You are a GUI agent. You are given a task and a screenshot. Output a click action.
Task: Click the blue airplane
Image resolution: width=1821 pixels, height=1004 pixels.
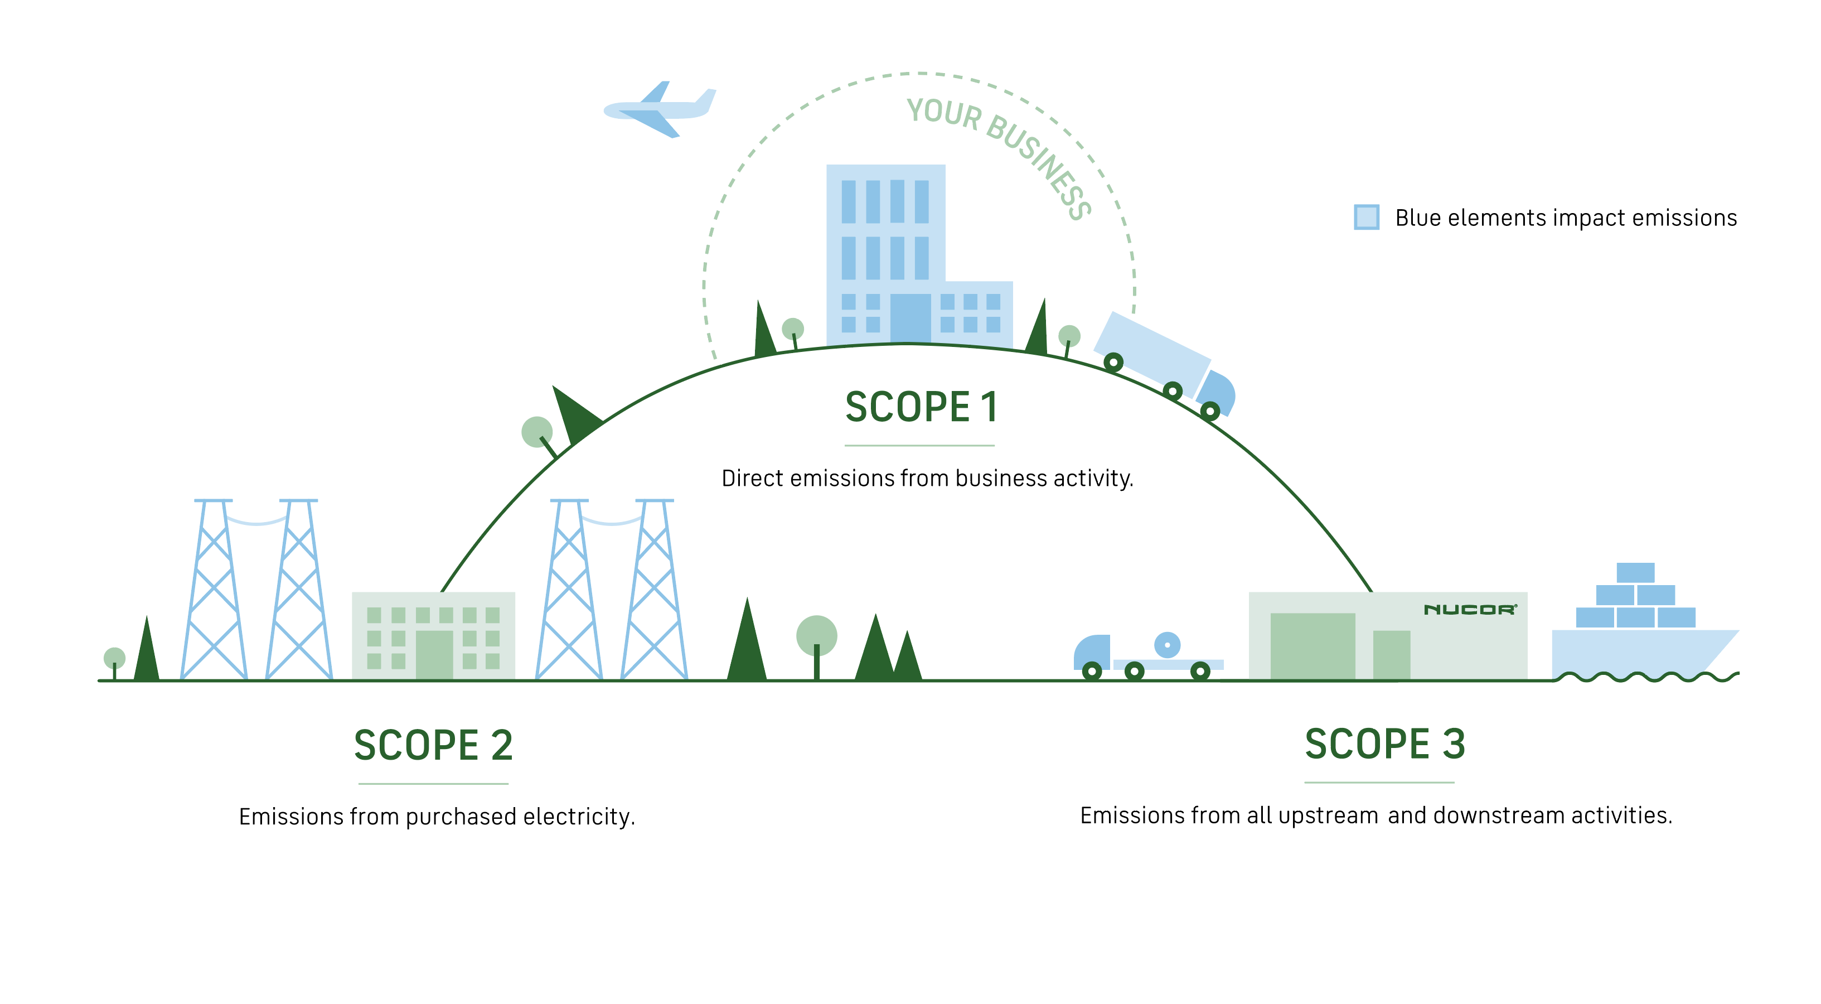tap(659, 109)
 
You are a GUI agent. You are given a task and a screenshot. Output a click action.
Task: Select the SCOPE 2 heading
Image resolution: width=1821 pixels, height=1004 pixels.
tap(433, 745)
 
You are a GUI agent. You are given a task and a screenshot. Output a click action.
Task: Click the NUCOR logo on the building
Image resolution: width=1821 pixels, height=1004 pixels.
tap(1470, 610)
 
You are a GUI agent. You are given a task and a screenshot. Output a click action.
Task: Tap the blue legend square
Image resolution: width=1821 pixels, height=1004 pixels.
tap(1367, 217)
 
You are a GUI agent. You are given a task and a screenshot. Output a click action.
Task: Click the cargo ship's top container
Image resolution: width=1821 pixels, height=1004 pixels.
tap(1636, 572)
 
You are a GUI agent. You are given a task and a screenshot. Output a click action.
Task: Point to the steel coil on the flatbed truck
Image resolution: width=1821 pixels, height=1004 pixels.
tap(1167, 645)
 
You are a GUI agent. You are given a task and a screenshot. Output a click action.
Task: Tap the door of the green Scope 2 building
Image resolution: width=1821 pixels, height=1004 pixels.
tap(434, 655)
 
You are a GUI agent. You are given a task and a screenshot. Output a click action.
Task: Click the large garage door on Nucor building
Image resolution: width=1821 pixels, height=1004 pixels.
tap(1313, 646)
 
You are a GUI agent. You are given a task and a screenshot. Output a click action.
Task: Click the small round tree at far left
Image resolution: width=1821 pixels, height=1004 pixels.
tap(114, 662)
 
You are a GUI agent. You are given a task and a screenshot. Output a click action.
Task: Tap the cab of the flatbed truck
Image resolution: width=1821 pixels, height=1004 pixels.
tap(1092, 653)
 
